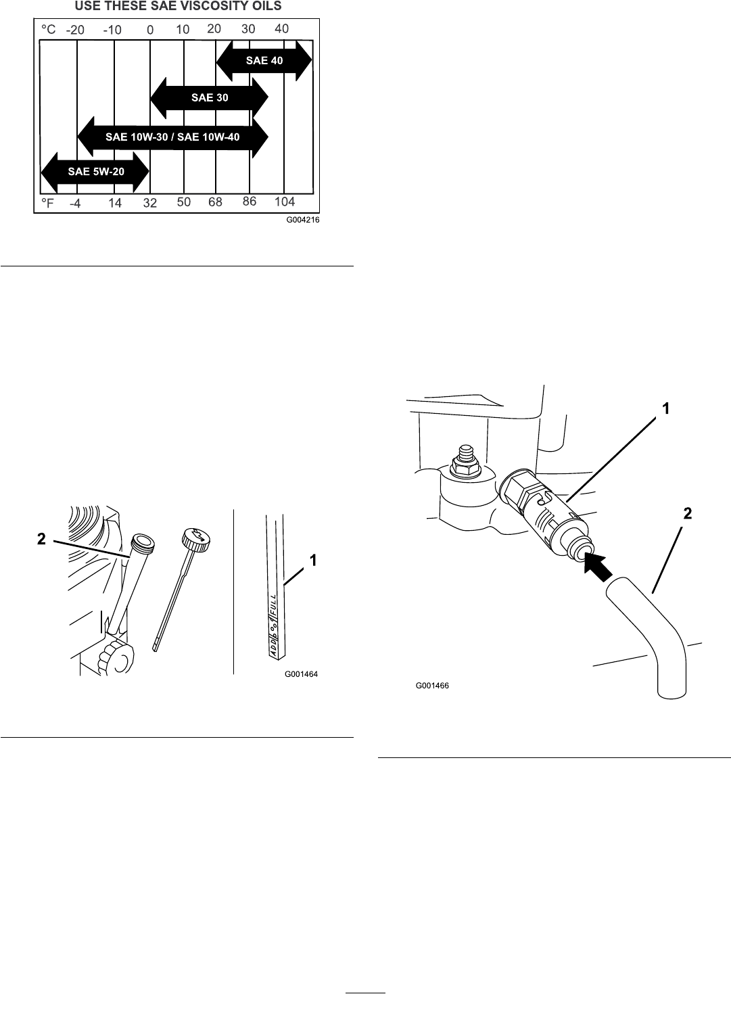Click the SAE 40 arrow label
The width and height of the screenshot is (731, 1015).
[264, 61]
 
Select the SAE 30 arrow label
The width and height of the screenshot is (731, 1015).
[210, 98]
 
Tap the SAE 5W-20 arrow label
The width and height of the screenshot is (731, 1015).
[96, 172]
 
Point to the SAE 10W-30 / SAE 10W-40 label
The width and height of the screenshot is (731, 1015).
[172, 137]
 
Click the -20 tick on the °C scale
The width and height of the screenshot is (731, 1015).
[76, 30]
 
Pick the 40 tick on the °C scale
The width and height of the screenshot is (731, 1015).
[281, 29]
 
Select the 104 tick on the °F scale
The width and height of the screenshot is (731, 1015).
[285, 202]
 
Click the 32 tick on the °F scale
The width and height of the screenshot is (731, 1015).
[150, 203]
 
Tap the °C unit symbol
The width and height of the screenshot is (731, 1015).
[49, 30]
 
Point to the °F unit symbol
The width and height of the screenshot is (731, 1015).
[47, 203]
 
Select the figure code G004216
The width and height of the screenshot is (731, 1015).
[302, 220]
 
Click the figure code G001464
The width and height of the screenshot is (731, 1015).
[301, 674]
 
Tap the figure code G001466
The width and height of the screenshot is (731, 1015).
[432, 686]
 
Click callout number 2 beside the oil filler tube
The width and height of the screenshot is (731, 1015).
[42, 539]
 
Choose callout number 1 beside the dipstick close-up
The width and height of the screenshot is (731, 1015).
[314, 560]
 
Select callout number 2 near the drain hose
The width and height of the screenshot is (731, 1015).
[687, 514]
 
